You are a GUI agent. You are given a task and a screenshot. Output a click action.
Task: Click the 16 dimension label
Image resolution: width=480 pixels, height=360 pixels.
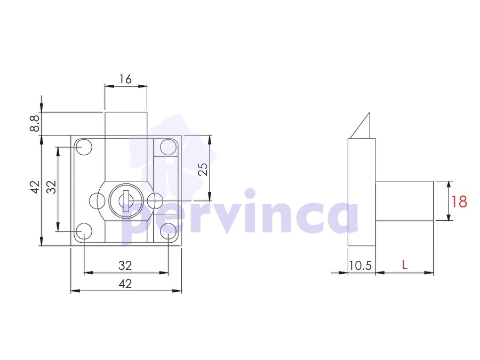pyautogui.click(x=125, y=79)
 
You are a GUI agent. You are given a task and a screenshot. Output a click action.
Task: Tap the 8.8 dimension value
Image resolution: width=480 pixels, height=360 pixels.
pyautogui.click(x=35, y=123)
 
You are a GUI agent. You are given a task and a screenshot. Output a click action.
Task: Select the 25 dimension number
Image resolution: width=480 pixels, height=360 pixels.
pyautogui.click(x=203, y=169)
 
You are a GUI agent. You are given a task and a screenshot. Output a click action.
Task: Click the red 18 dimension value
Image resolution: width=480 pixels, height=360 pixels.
pyautogui.click(x=459, y=202)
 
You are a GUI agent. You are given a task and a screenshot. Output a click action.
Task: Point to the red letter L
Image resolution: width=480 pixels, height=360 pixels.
pyautogui.click(x=405, y=265)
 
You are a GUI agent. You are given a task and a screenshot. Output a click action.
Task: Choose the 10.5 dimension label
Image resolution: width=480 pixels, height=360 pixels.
pyautogui.click(x=361, y=266)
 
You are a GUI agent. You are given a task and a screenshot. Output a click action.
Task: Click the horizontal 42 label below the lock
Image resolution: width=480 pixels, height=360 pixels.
pyautogui.click(x=125, y=284)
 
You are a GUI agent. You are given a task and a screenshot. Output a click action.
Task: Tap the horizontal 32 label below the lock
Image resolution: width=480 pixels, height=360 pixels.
pyautogui.click(x=125, y=265)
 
